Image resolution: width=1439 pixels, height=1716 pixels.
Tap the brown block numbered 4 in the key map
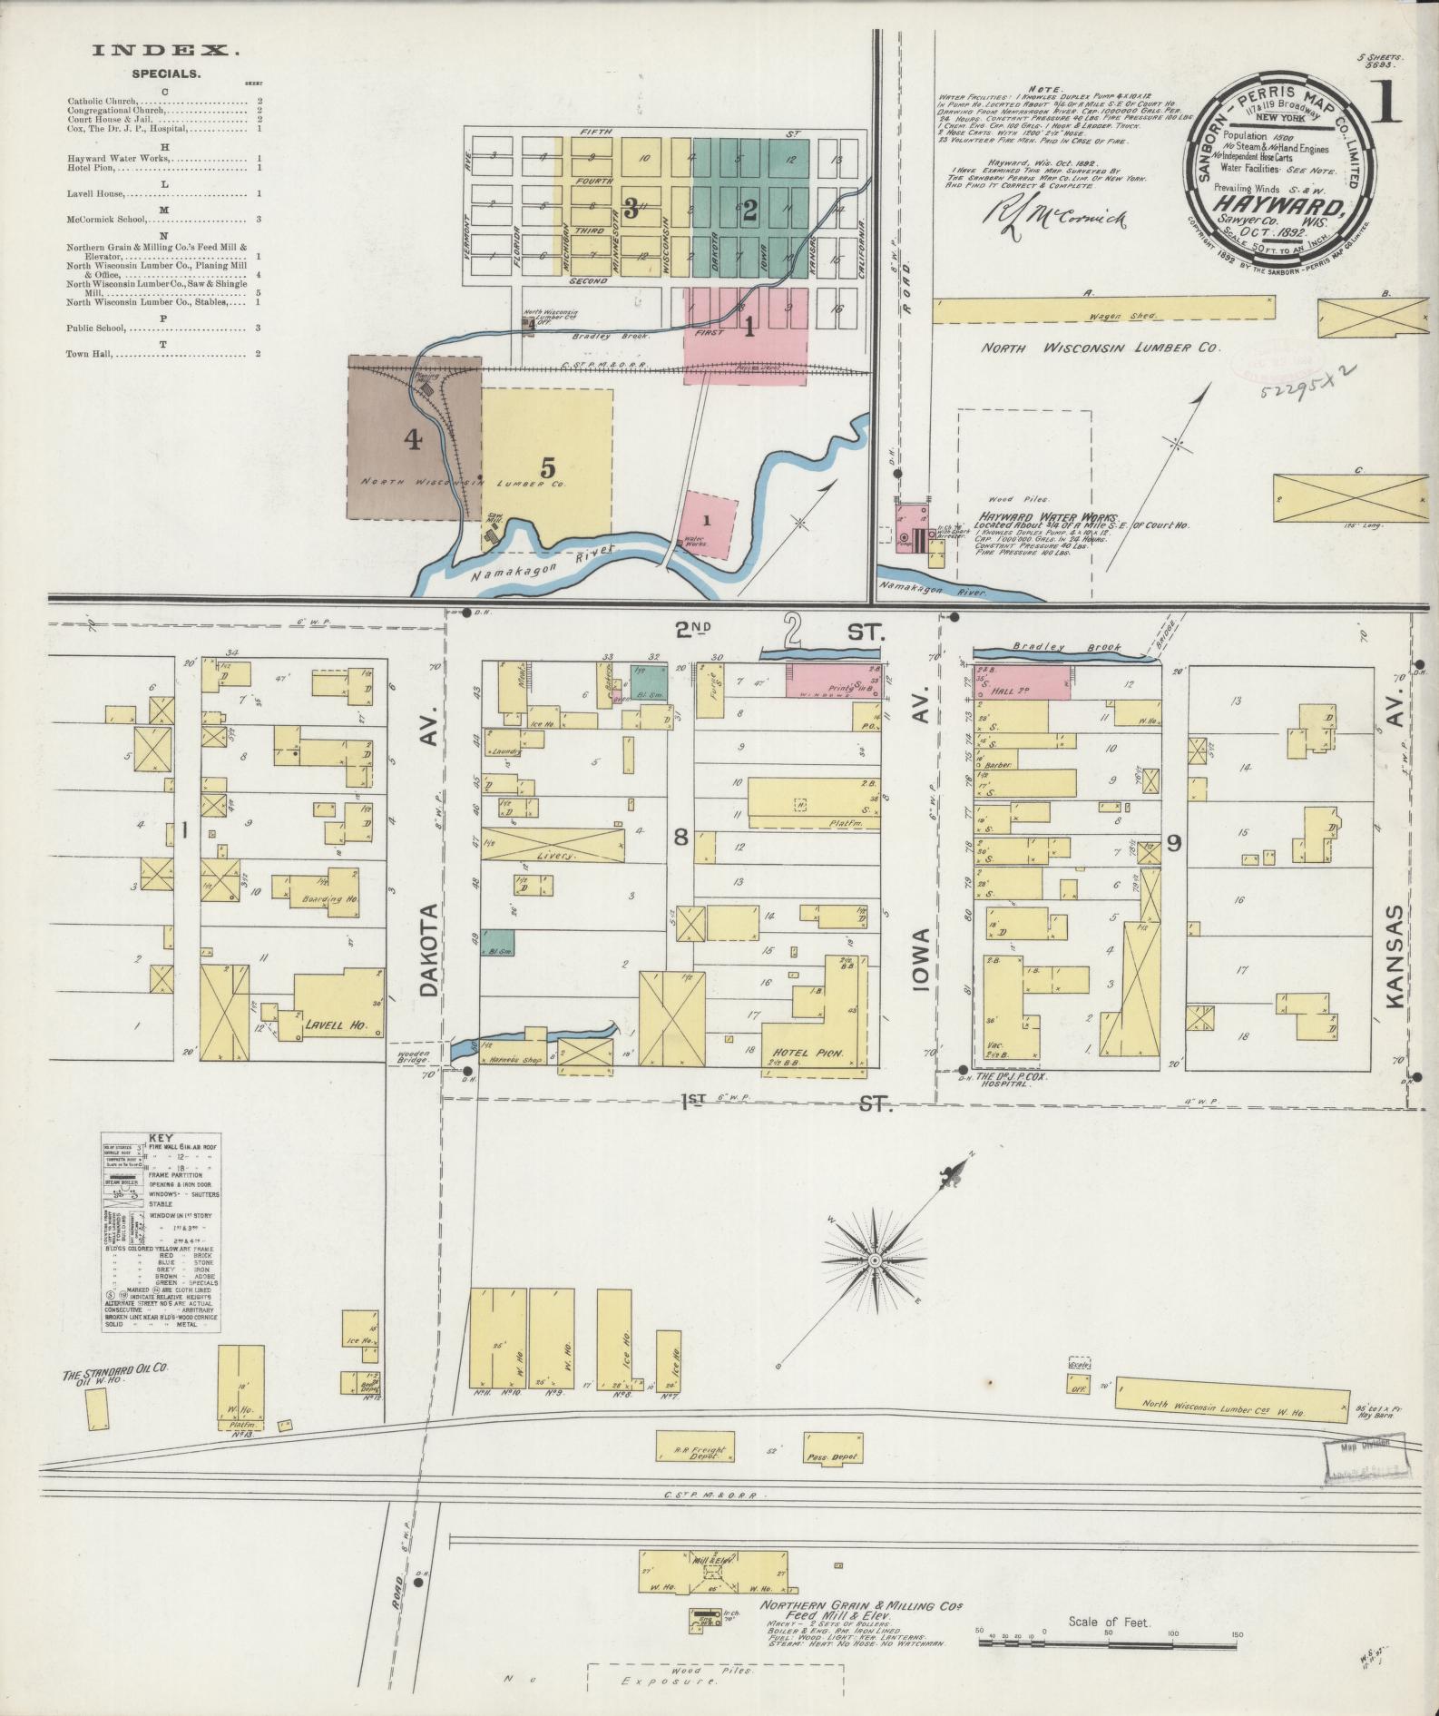coord(414,440)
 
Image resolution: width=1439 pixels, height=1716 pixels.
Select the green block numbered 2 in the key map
coord(749,210)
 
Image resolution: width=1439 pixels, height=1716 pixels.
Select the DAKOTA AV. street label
coord(429,953)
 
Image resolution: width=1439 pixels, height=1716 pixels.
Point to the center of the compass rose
coord(875,1261)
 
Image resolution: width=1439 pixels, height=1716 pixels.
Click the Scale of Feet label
coord(1109,1621)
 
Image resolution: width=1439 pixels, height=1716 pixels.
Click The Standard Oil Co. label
coord(117,1375)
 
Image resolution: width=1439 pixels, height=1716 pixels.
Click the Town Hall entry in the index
coord(90,353)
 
